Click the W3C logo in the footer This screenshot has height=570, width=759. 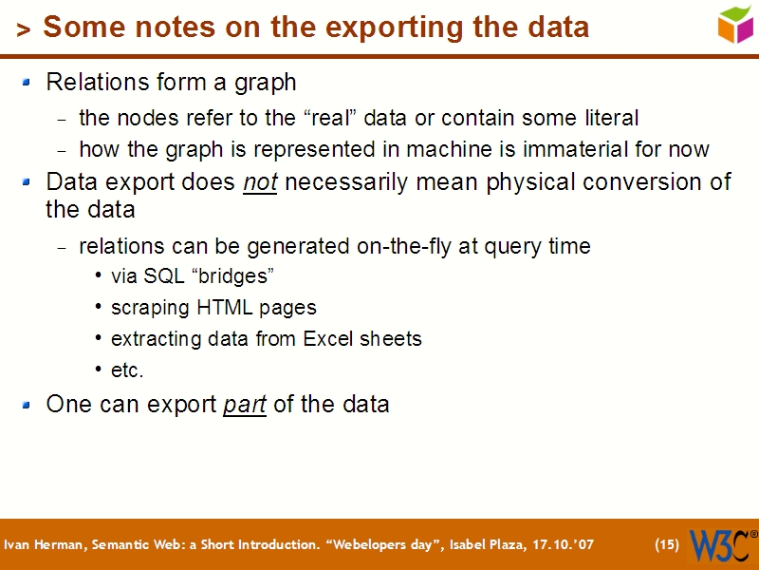pos(721,545)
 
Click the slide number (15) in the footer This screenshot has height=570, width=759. pos(667,545)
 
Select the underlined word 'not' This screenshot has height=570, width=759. pos(260,182)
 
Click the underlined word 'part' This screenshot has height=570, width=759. pos(244,404)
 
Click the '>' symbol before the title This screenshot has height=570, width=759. pos(24,30)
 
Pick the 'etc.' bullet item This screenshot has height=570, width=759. pos(127,370)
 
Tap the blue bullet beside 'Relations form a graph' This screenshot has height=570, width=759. pos(28,83)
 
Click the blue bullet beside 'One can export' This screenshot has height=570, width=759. pos(28,404)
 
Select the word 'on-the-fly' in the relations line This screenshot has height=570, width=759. pos(405,246)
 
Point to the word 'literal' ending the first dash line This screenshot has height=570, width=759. pos(607,119)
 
